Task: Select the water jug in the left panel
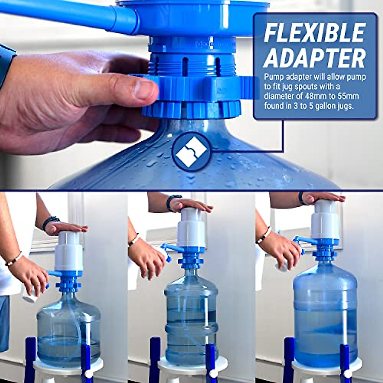tap(69, 329)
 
